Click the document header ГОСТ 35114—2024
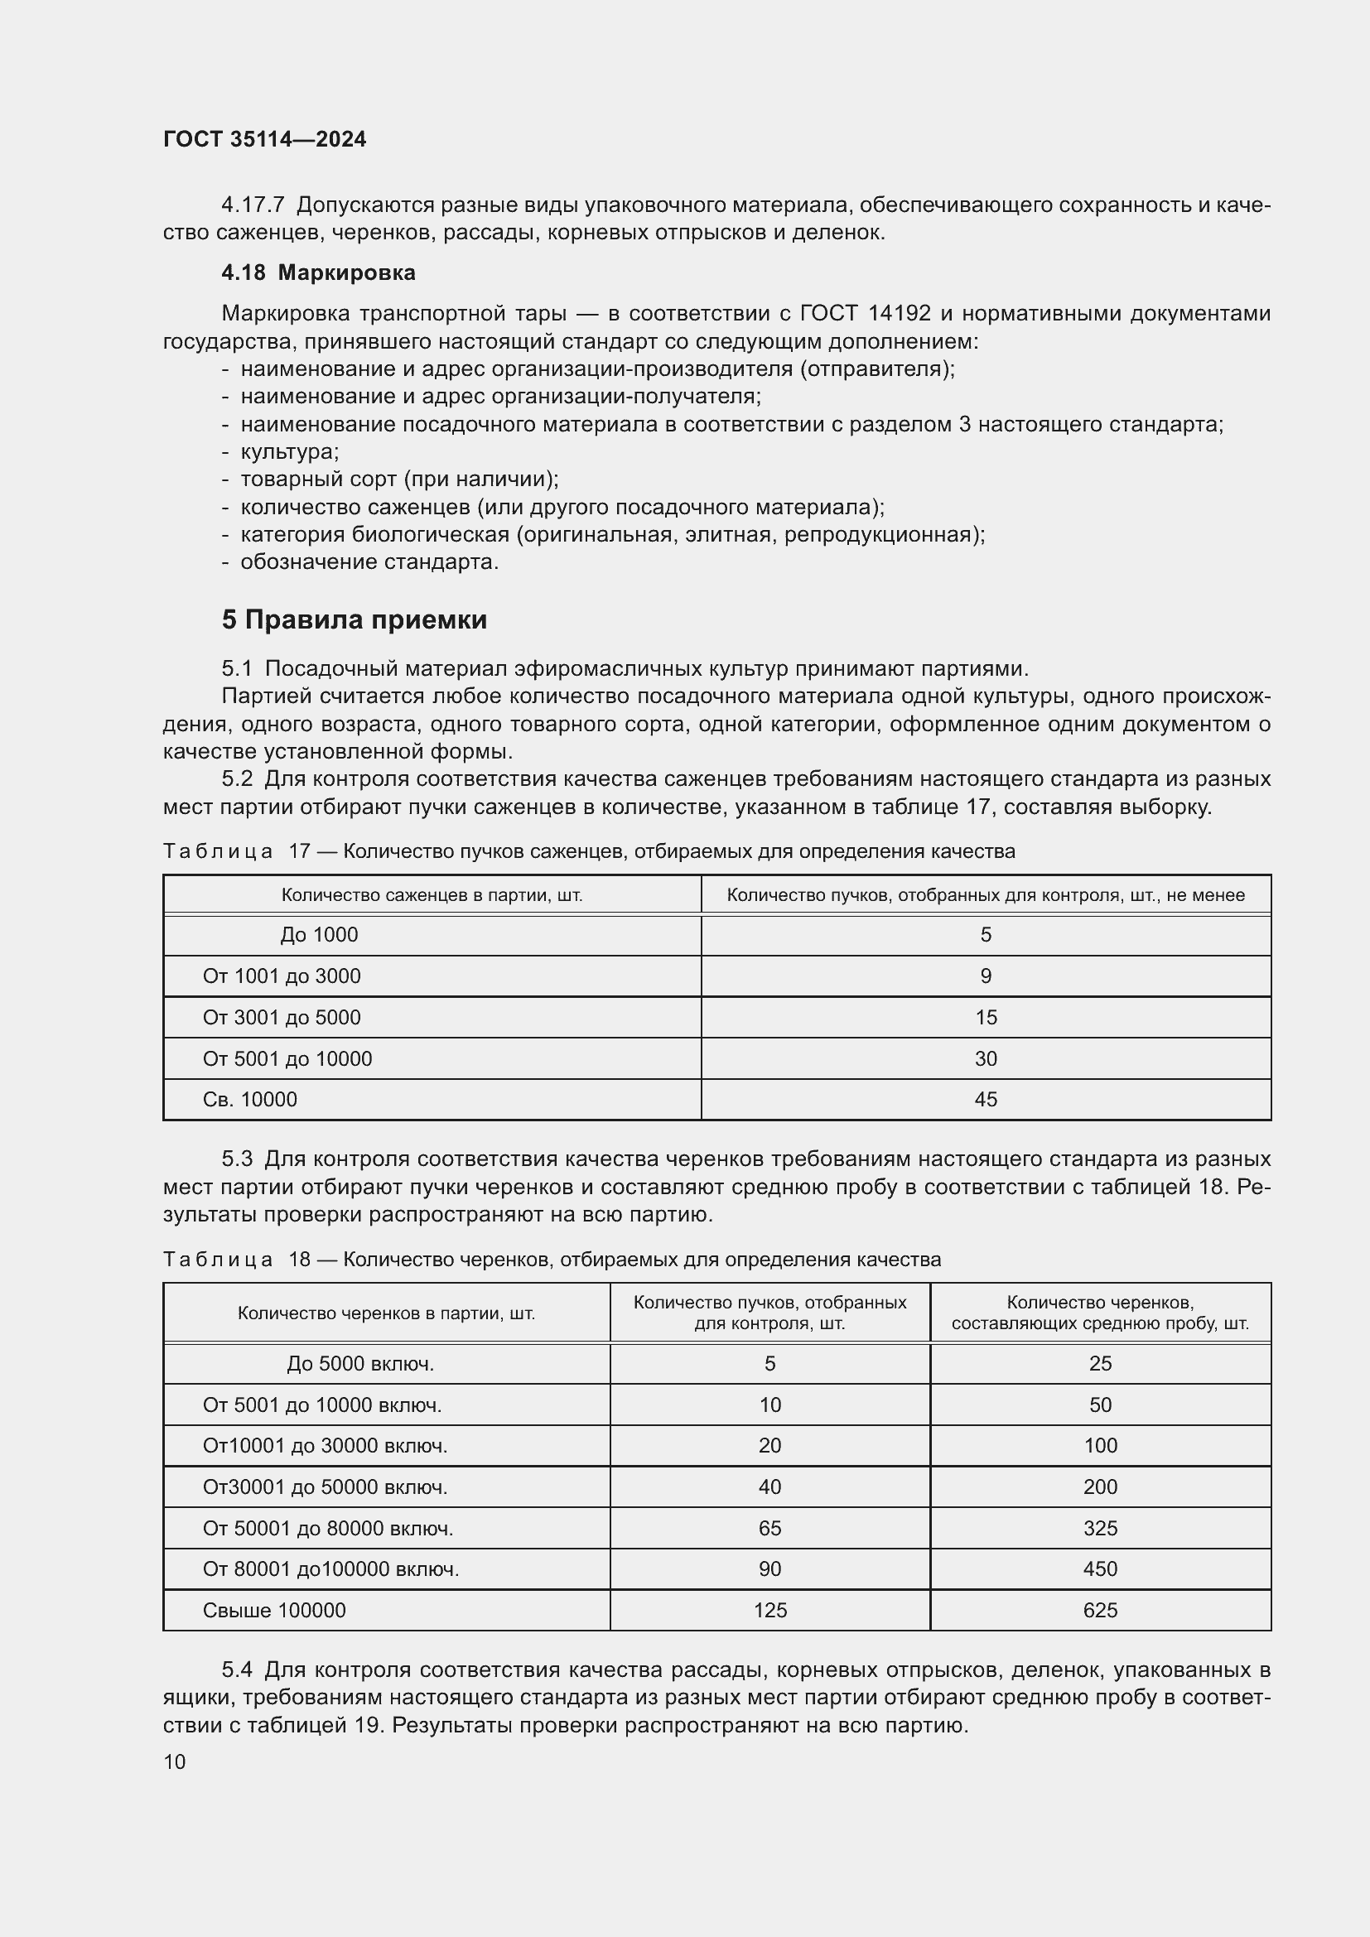(264, 139)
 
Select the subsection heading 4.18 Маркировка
(318, 272)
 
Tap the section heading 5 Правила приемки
(355, 620)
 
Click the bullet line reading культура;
(289, 451)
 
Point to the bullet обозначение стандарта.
(369, 561)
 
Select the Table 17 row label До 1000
(319, 935)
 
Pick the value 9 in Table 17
(986, 976)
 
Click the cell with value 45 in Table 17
(986, 1099)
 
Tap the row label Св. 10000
(249, 1099)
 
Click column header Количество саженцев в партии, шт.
(432, 895)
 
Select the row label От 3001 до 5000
(281, 1018)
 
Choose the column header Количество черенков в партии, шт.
(385, 1313)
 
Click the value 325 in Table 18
(1100, 1528)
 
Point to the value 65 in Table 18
(769, 1528)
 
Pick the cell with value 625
(1100, 1610)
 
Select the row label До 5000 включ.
(360, 1363)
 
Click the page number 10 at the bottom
(175, 1761)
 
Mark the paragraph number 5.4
(237, 1670)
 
